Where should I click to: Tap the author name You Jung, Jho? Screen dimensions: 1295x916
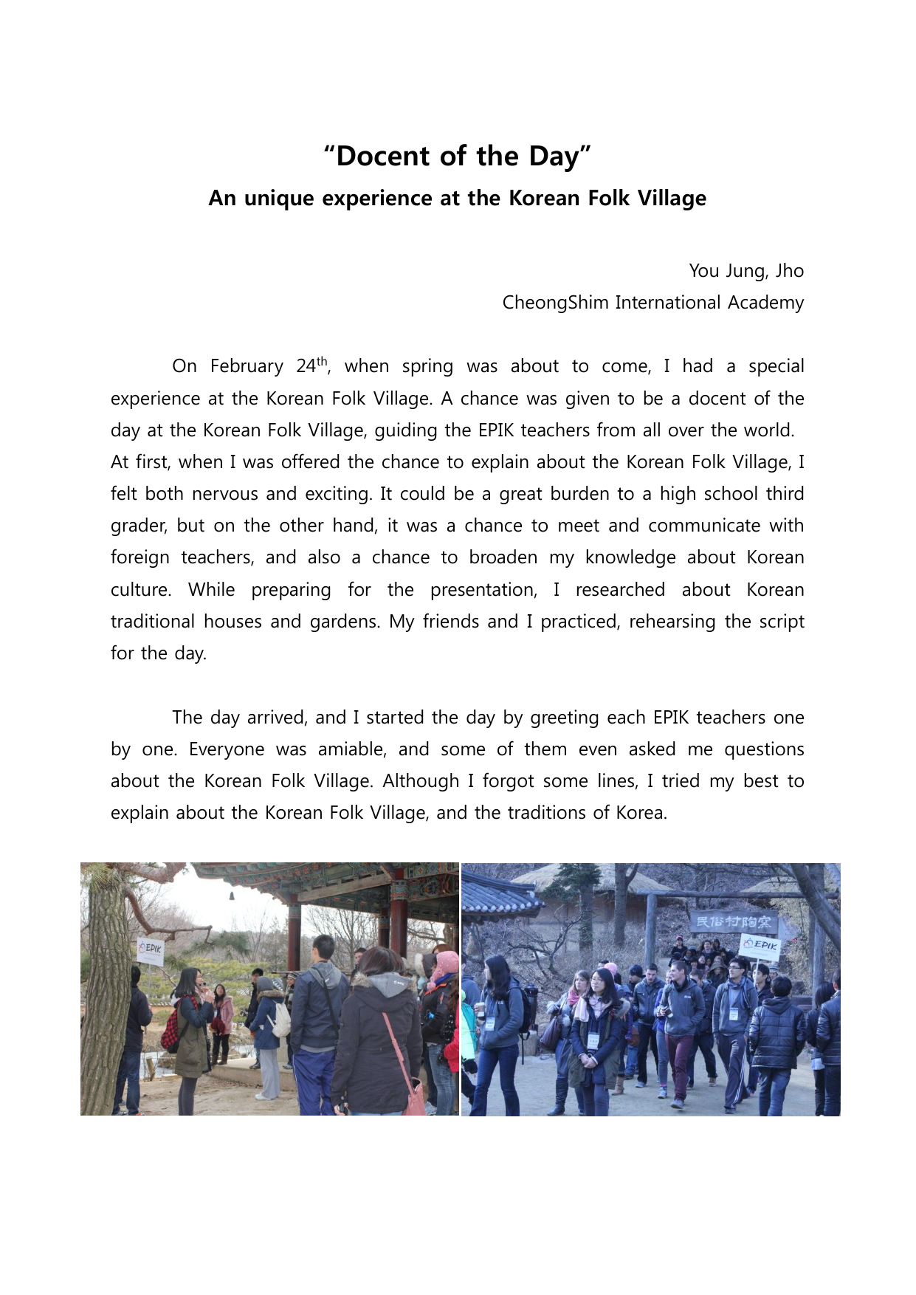(745, 271)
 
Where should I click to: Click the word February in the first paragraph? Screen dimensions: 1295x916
(247, 366)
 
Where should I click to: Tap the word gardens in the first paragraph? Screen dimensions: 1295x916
(343, 622)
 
